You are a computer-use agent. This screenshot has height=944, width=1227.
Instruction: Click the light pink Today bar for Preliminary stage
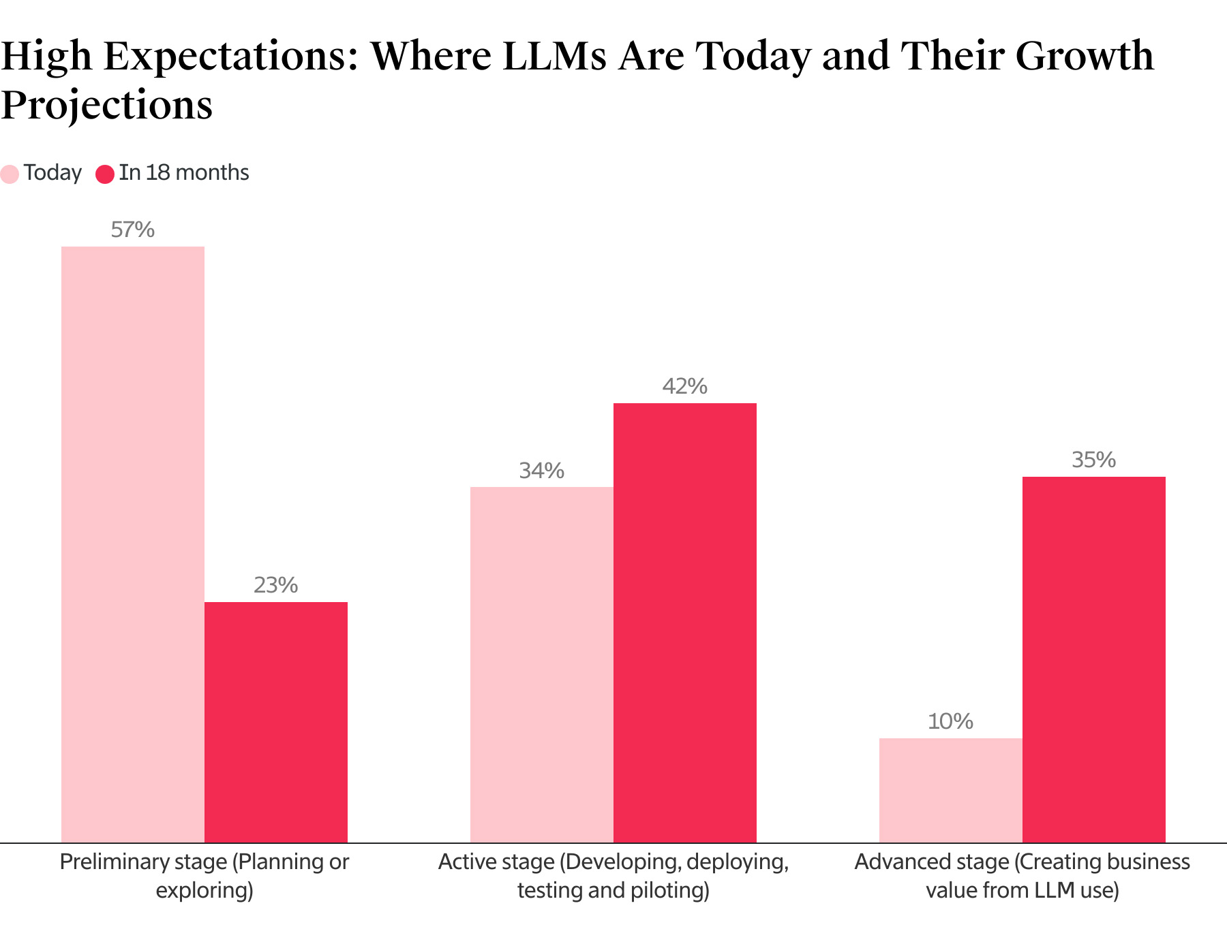tap(133, 544)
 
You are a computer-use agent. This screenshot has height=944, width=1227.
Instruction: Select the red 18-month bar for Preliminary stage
tap(276, 722)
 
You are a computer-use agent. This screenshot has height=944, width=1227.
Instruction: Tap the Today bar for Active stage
tap(542, 665)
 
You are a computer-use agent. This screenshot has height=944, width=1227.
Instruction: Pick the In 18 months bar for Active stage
tap(685, 623)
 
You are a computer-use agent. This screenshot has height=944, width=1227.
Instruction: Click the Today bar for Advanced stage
tap(951, 790)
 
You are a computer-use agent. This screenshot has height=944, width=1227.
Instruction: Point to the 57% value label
tap(133, 230)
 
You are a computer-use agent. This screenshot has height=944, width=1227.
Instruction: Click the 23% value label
tap(276, 586)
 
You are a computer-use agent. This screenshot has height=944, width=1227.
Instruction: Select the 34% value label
tap(542, 471)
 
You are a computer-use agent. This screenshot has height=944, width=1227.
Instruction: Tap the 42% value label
tap(685, 387)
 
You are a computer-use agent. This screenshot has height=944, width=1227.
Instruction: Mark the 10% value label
tap(951, 722)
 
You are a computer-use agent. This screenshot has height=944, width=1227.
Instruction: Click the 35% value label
tap(1094, 460)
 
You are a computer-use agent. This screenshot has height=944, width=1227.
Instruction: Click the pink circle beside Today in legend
tap(10, 174)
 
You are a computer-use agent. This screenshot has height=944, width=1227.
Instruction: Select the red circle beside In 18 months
tap(105, 174)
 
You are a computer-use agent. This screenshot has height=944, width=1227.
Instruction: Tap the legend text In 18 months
tap(184, 173)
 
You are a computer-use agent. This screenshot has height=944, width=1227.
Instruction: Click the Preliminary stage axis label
tap(204, 876)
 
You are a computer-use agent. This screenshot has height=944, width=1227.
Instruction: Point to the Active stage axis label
tap(613, 876)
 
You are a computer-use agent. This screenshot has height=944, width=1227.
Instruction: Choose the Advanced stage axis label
tap(1022, 876)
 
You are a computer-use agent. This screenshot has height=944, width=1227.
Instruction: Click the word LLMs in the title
tap(554, 56)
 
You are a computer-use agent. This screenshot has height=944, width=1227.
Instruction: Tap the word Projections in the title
tap(107, 106)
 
